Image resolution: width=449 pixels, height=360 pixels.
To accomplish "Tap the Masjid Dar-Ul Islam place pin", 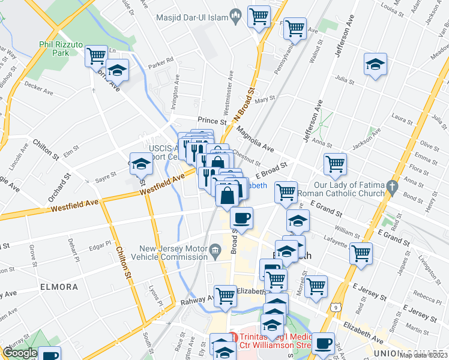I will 237,16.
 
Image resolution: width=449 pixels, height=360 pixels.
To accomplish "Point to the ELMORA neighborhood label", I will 59,287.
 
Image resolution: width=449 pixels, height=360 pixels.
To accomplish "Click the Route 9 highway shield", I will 337,306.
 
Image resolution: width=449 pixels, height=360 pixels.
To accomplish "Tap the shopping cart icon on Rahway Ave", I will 225,295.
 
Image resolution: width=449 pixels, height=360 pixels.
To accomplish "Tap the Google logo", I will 20,352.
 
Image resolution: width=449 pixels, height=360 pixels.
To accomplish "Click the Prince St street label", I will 213,121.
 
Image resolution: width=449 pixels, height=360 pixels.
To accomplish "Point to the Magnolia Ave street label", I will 255,139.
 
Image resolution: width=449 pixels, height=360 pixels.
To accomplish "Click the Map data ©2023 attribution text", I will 424,355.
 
